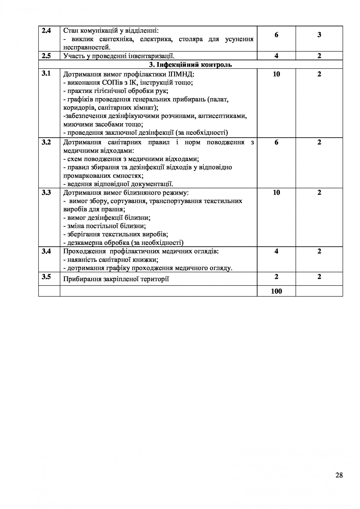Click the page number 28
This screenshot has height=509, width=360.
339,475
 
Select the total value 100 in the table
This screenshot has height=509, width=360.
276,291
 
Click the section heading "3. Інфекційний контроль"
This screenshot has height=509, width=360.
190,65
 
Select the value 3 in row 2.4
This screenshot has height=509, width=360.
319,35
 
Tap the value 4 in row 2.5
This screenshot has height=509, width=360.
276,56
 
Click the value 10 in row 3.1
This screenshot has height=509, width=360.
276,74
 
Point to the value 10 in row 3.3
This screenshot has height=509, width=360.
276,193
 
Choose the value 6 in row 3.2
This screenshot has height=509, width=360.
276,142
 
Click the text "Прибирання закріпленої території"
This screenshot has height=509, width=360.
116,280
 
